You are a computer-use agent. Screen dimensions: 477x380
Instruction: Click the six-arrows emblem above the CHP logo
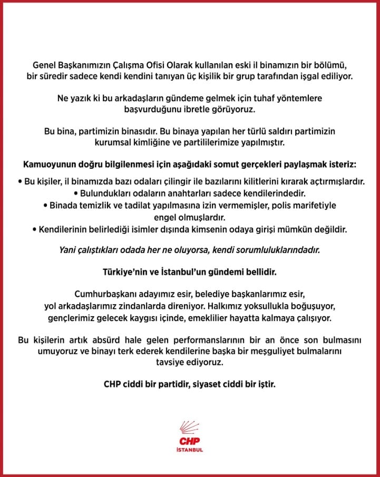coord(190,430)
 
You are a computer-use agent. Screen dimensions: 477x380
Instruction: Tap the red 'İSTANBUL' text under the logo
coord(190,450)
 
